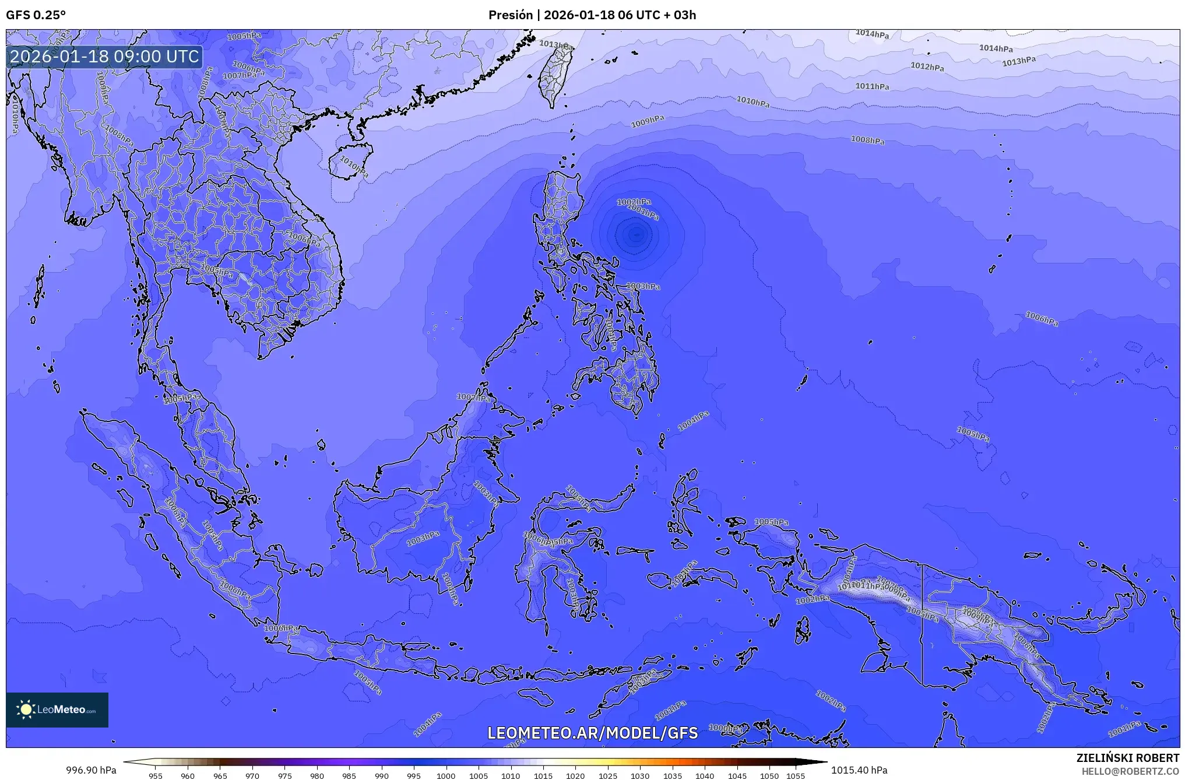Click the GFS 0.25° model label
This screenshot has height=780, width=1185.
[36, 15]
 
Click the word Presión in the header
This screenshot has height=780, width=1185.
[510, 15]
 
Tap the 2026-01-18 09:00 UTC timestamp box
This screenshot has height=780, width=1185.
[105, 57]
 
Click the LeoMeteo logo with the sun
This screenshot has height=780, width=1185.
[57, 709]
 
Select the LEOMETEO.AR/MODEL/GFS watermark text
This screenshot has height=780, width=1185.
[592, 733]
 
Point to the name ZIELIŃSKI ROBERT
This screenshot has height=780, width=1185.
[1127, 758]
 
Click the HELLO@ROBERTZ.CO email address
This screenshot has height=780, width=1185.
[1130, 771]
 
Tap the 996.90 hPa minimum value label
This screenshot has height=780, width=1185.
[91, 770]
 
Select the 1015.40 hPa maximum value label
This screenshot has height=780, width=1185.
[859, 770]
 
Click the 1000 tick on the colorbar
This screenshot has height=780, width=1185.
[446, 776]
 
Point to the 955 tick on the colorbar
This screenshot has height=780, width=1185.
[155, 776]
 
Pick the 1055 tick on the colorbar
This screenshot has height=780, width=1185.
[795, 776]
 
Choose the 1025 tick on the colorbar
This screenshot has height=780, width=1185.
[607, 776]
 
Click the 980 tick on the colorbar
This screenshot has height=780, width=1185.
[317, 776]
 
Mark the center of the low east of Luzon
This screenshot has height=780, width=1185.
[635, 235]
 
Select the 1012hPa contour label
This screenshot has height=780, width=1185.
[927, 67]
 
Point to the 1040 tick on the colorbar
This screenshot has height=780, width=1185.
[704, 776]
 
